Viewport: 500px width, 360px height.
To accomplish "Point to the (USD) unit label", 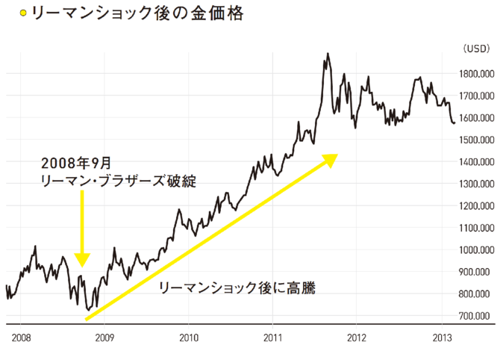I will (x=475, y=49).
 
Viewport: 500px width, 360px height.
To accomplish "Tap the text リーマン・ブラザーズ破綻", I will (x=119, y=181).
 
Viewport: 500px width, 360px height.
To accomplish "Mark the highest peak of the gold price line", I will (x=327, y=54).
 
